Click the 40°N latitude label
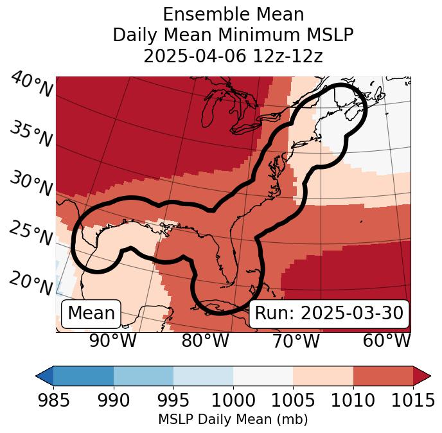point(31,85)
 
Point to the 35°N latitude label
point(30,134)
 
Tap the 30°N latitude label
point(30,184)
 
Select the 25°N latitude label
point(30,233)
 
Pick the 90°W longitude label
point(113,340)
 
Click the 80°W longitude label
point(205,340)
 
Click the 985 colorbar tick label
point(53,401)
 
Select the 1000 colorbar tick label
point(233,401)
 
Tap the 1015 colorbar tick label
point(413,401)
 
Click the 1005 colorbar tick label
point(293,401)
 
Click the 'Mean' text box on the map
point(91,314)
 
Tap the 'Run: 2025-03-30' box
point(329,314)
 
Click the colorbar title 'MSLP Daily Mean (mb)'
point(233,420)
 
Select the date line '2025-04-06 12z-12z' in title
point(233,56)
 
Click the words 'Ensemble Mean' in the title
point(233,14)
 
